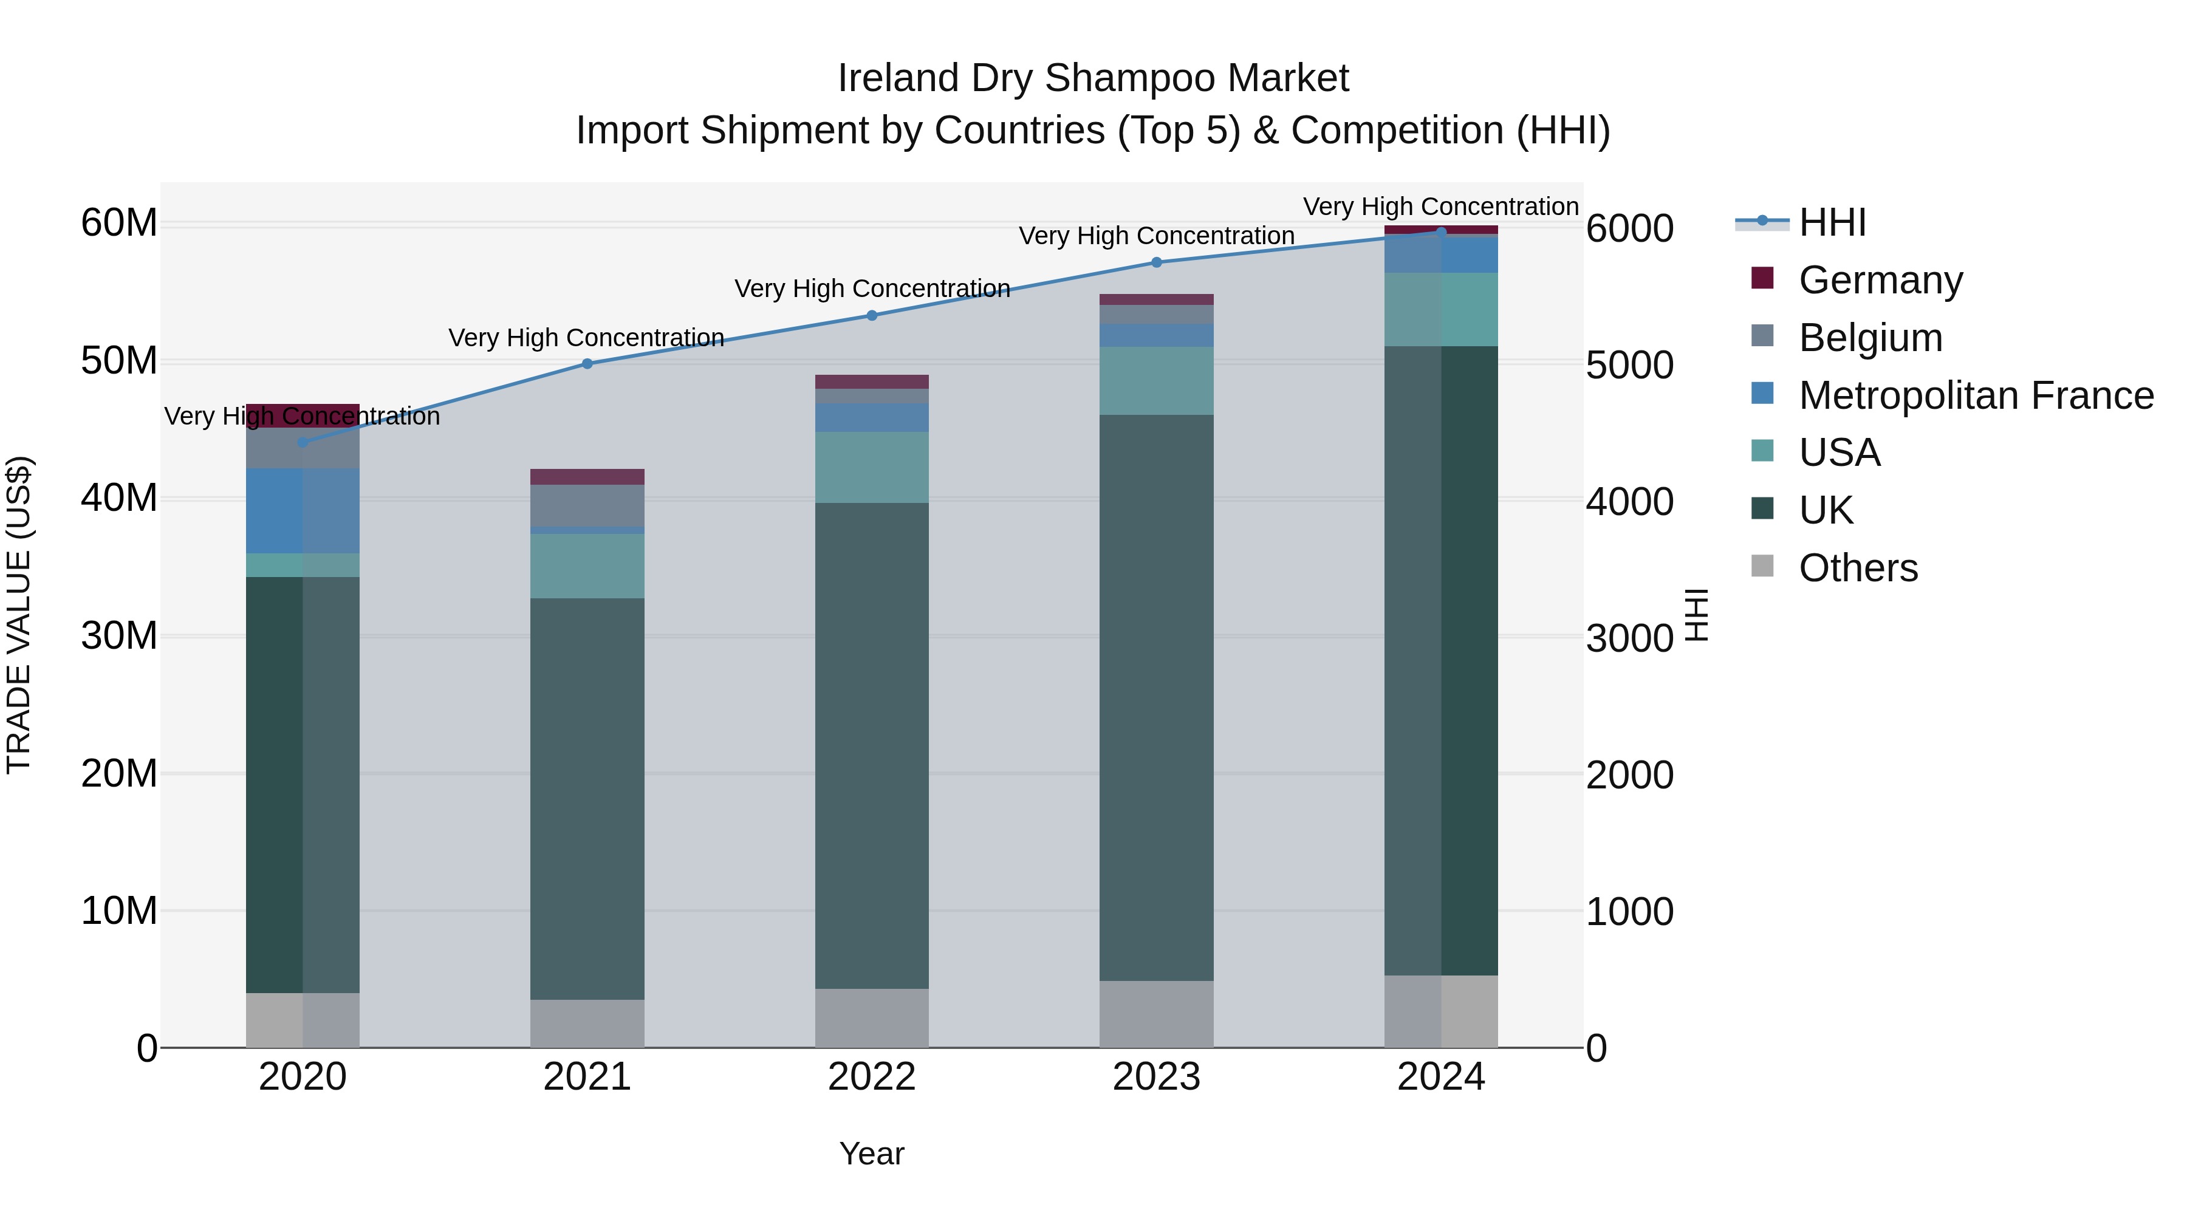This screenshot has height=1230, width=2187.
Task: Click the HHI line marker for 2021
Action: point(587,363)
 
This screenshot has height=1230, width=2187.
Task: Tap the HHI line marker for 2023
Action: point(1156,262)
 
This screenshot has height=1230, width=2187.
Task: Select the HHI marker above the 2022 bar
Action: point(872,316)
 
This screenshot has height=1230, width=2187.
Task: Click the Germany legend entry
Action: point(1880,280)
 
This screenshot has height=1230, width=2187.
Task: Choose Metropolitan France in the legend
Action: point(1976,395)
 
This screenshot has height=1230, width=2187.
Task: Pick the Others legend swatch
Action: point(1762,566)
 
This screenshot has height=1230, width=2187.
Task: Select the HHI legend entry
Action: point(1832,222)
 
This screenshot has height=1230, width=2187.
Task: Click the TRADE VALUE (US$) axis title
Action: point(19,615)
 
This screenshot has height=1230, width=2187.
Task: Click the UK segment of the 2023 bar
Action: point(1156,696)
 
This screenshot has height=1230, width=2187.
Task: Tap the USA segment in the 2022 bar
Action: point(872,467)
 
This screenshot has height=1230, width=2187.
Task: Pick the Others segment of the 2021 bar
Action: point(587,1023)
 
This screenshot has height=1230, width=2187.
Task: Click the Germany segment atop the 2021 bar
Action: point(587,476)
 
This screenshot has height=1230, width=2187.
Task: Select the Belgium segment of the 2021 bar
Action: point(587,505)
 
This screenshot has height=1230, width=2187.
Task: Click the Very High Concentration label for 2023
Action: point(1156,236)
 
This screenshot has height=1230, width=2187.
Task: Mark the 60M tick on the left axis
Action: point(119,224)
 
